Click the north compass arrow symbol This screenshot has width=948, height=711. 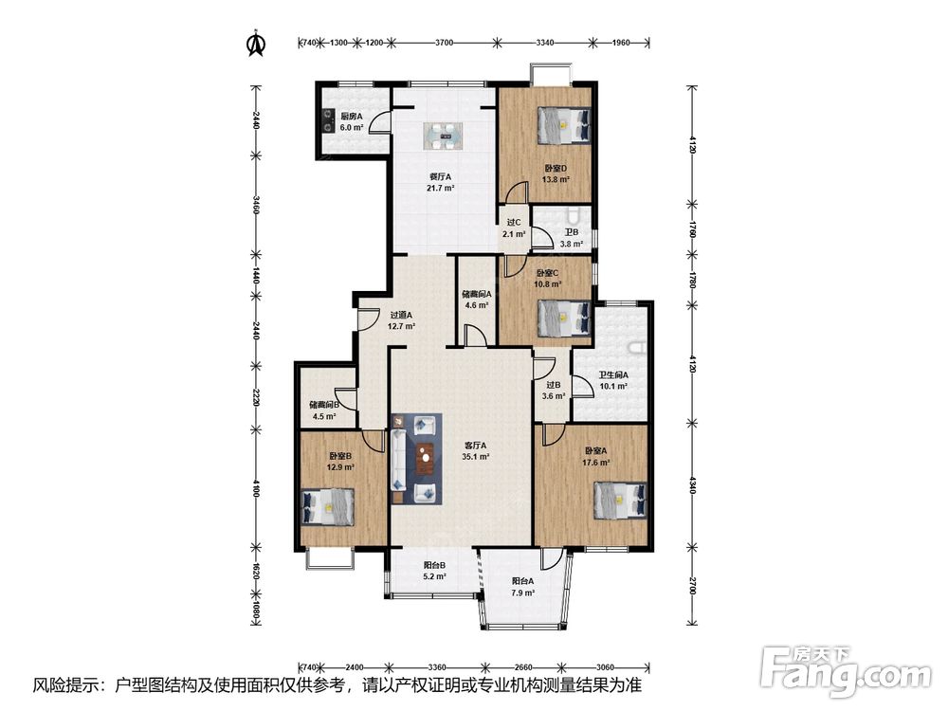pos(256,43)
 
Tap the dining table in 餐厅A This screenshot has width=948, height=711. pos(443,136)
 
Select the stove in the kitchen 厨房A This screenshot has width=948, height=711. pos(327,119)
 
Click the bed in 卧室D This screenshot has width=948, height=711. pos(563,125)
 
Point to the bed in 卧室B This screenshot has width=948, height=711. pos(327,506)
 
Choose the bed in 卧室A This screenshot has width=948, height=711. pos(620,500)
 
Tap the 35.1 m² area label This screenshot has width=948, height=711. pos(476,457)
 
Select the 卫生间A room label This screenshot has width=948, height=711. pos(613,374)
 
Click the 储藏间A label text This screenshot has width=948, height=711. pos(477,295)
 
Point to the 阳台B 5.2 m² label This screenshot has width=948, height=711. pos(434,571)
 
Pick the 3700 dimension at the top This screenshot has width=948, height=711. pos(444,43)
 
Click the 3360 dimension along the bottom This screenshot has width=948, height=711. pos(436,667)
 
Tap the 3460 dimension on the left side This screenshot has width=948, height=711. pos(256,205)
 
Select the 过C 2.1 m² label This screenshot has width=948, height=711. pos(513,228)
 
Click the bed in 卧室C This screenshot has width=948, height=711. pos(563,318)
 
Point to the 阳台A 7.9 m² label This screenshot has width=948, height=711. pos(522,587)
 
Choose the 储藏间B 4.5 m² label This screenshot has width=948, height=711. pos(324,410)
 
